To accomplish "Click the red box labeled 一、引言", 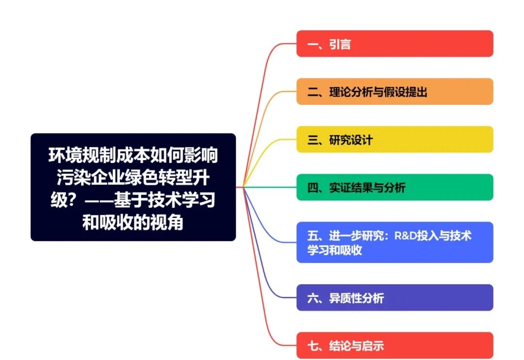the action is (x=394, y=44).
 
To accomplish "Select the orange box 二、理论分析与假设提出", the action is (x=394, y=91).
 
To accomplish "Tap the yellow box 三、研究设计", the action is (x=394, y=139).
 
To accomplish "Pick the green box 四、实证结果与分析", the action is (x=394, y=187).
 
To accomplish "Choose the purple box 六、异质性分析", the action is (x=394, y=297).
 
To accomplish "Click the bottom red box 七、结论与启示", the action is (x=394, y=345).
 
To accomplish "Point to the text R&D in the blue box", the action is (x=405, y=236).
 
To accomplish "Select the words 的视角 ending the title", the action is (x=166, y=222).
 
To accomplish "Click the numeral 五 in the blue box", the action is (x=313, y=236).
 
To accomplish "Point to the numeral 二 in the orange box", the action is (x=313, y=92).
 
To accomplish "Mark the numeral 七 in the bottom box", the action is (x=313, y=345).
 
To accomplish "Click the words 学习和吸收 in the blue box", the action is (x=334, y=250).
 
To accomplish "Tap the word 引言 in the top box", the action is (x=340, y=44).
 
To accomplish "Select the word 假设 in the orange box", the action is (x=394, y=92).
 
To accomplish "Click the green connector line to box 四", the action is (x=269, y=187).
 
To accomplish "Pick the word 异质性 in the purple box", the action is (x=345, y=298).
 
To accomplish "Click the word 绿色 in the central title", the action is (x=141, y=178).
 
